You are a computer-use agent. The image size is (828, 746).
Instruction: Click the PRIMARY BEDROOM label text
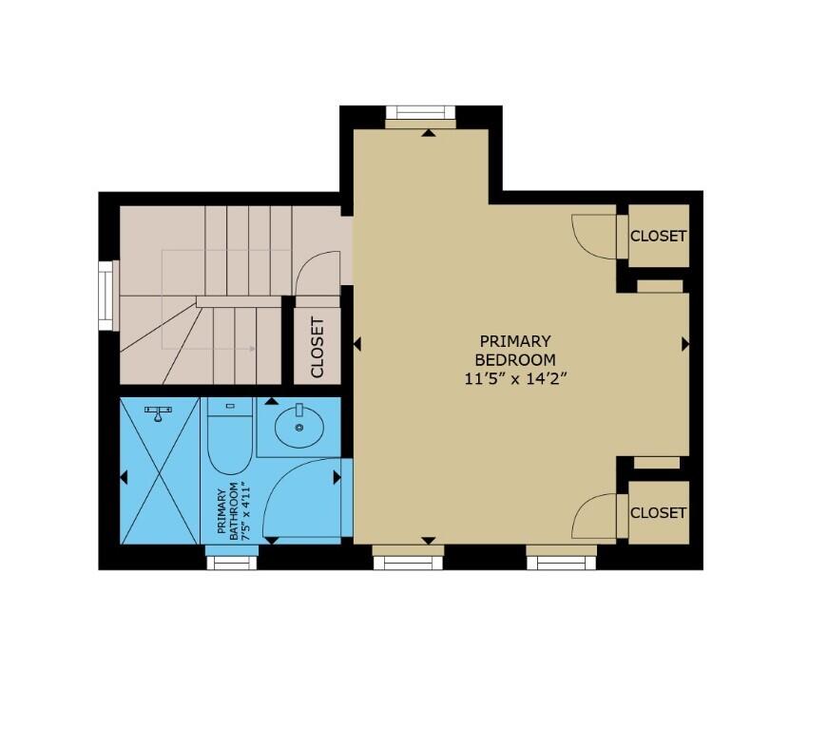click(x=514, y=350)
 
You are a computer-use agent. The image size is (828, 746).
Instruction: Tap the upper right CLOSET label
click(x=658, y=236)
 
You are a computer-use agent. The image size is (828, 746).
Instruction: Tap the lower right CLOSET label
click(x=658, y=512)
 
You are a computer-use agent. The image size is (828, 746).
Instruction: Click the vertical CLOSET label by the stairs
click(x=318, y=347)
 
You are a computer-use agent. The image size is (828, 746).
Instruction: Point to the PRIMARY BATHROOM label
click(x=228, y=513)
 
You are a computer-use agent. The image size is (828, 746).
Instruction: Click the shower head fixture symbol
click(x=159, y=411)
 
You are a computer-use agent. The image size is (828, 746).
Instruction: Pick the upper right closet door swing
click(x=594, y=236)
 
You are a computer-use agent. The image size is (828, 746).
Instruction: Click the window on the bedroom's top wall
click(x=420, y=115)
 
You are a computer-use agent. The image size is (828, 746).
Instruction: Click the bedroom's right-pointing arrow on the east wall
click(x=684, y=345)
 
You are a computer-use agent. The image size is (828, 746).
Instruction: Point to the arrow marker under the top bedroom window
click(x=429, y=134)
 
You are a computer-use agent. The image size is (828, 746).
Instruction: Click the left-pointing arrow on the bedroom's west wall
click(x=357, y=345)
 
